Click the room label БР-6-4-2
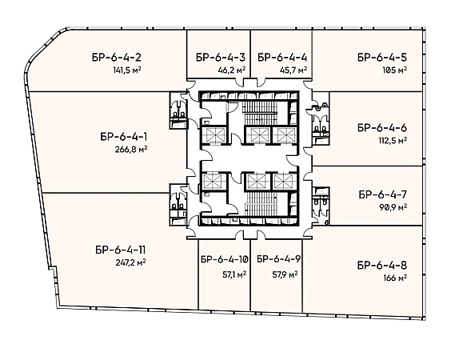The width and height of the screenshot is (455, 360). tap(117, 58)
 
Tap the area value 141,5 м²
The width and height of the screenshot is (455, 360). tap(127, 70)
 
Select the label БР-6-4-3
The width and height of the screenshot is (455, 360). tap(221, 57)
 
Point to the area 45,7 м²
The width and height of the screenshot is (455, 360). tap(293, 70)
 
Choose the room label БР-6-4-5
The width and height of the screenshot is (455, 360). tap(382, 57)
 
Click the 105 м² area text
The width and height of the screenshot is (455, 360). tap(395, 70)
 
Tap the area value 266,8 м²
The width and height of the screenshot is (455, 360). tap(131, 150)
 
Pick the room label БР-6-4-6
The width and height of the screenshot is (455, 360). tap(382, 128)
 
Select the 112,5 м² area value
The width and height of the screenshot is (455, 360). tap(393, 141)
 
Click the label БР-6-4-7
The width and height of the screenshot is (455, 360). tap(383, 194)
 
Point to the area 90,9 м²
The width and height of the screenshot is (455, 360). tap(393, 207)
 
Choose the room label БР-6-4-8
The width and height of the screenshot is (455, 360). tap(382, 266)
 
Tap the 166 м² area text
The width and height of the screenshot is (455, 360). tap(395, 278)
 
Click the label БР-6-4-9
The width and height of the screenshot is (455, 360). tap(278, 259)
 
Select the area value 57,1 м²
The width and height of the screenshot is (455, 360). tap(234, 274)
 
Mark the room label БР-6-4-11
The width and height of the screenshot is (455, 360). tap(121, 250)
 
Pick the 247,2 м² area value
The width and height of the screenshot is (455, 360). tap(130, 262)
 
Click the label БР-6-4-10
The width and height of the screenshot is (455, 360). tap(225, 259)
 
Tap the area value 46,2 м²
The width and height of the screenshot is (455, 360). tap(232, 70)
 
